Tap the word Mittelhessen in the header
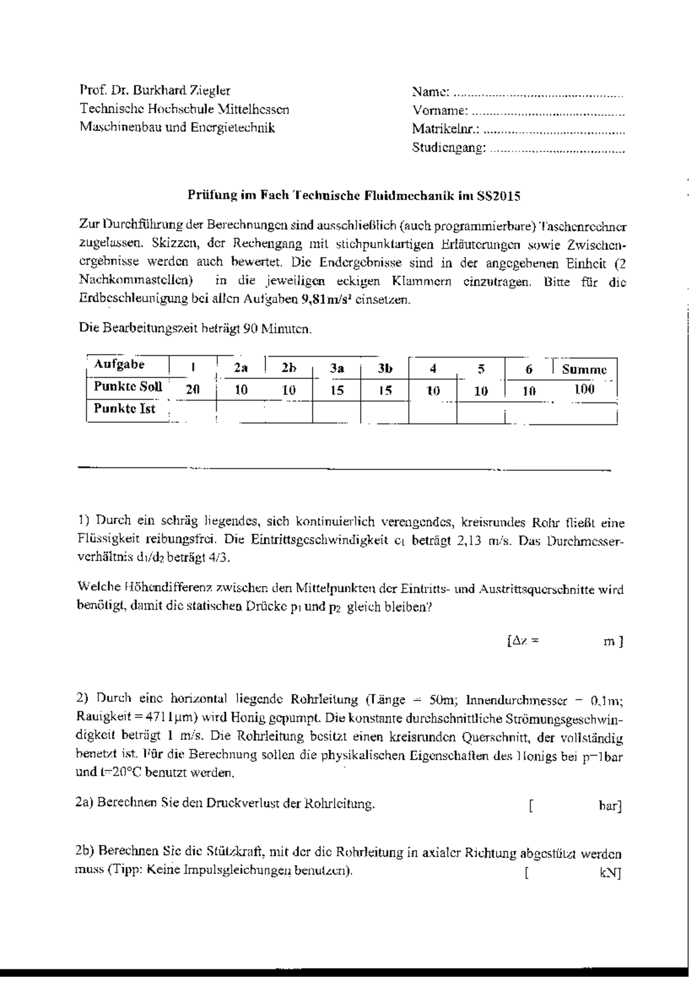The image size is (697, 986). point(253,109)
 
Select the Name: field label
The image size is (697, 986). point(430,91)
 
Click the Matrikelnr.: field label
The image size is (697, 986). point(446,129)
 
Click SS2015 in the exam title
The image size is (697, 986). point(498,196)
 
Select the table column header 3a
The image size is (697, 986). point(337,368)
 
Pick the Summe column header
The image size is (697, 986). point(584,369)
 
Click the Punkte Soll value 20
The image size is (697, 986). point(192,390)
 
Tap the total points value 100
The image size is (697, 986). point(584,389)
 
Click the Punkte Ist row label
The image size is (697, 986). point(125,409)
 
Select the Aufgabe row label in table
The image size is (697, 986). point(119,365)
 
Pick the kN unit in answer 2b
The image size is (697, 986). point(609,873)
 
